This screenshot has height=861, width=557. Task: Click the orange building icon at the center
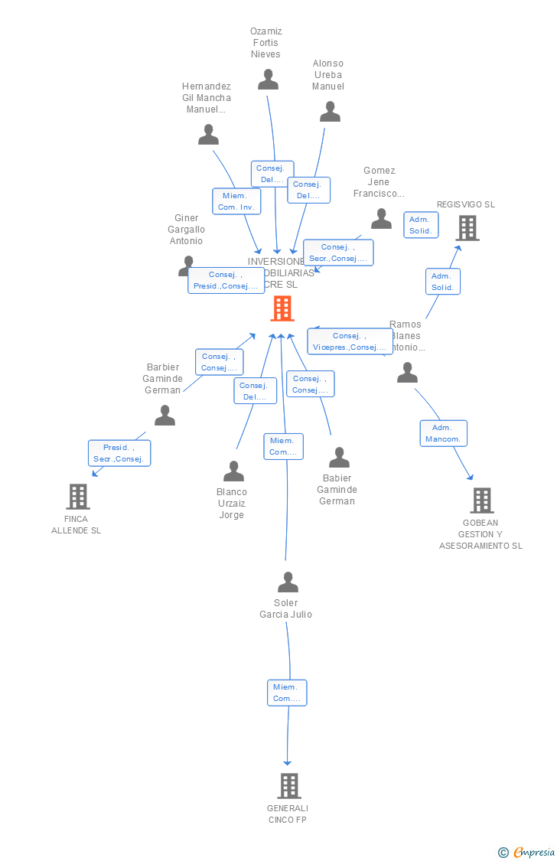pos(282,308)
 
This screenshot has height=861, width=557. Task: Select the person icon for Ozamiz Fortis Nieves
pos(268,80)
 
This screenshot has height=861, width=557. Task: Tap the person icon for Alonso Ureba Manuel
pos(330,112)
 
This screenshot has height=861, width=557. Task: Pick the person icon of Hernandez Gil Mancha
pos(208,135)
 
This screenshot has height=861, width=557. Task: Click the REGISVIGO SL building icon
pos(467,227)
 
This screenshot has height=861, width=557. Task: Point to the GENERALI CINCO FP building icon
pos(288,785)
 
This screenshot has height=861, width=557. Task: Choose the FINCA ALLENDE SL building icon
pos(77,497)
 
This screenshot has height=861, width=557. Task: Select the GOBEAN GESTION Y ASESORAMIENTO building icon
pos(481,501)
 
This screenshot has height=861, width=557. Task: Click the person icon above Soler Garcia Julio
pos(288,582)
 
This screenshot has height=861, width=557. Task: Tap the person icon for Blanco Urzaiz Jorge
pos(233,471)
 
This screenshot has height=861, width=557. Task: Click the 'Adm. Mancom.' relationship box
pos(443,433)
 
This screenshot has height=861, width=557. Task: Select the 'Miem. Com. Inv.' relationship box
pos(236,201)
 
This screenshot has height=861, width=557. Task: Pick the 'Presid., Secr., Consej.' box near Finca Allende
pos(119,453)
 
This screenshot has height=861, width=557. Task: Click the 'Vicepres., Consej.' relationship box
pos(350,341)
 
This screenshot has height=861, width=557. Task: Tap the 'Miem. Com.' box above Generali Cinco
pos(287,693)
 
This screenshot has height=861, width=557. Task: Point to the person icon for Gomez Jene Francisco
pos(381,220)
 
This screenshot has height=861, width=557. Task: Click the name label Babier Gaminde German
pos(337,490)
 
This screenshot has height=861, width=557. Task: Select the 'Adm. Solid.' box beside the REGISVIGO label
pos(421,225)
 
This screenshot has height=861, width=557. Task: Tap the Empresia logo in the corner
pos(527,852)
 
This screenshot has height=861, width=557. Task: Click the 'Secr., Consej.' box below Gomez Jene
pos(338,253)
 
